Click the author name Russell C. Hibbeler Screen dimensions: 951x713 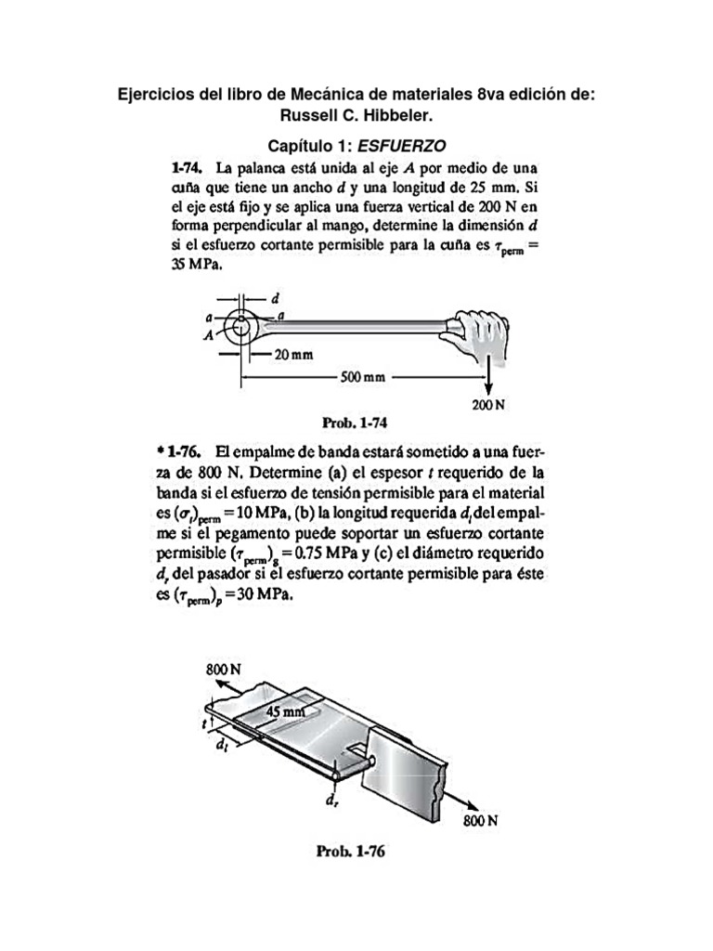point(356,116)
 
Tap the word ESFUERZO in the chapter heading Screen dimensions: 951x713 point(405,146)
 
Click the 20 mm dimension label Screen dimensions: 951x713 point(294,355)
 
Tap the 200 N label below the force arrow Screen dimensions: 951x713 point(488,405)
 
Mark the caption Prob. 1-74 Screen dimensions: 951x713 point(354,423)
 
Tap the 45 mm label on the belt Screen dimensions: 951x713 point(286,711)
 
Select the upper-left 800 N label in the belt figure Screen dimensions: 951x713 point(223,669)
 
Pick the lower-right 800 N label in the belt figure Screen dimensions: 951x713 point(481,821)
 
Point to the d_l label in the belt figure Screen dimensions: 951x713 point(223,745)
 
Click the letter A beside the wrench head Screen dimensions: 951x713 point(210,336)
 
